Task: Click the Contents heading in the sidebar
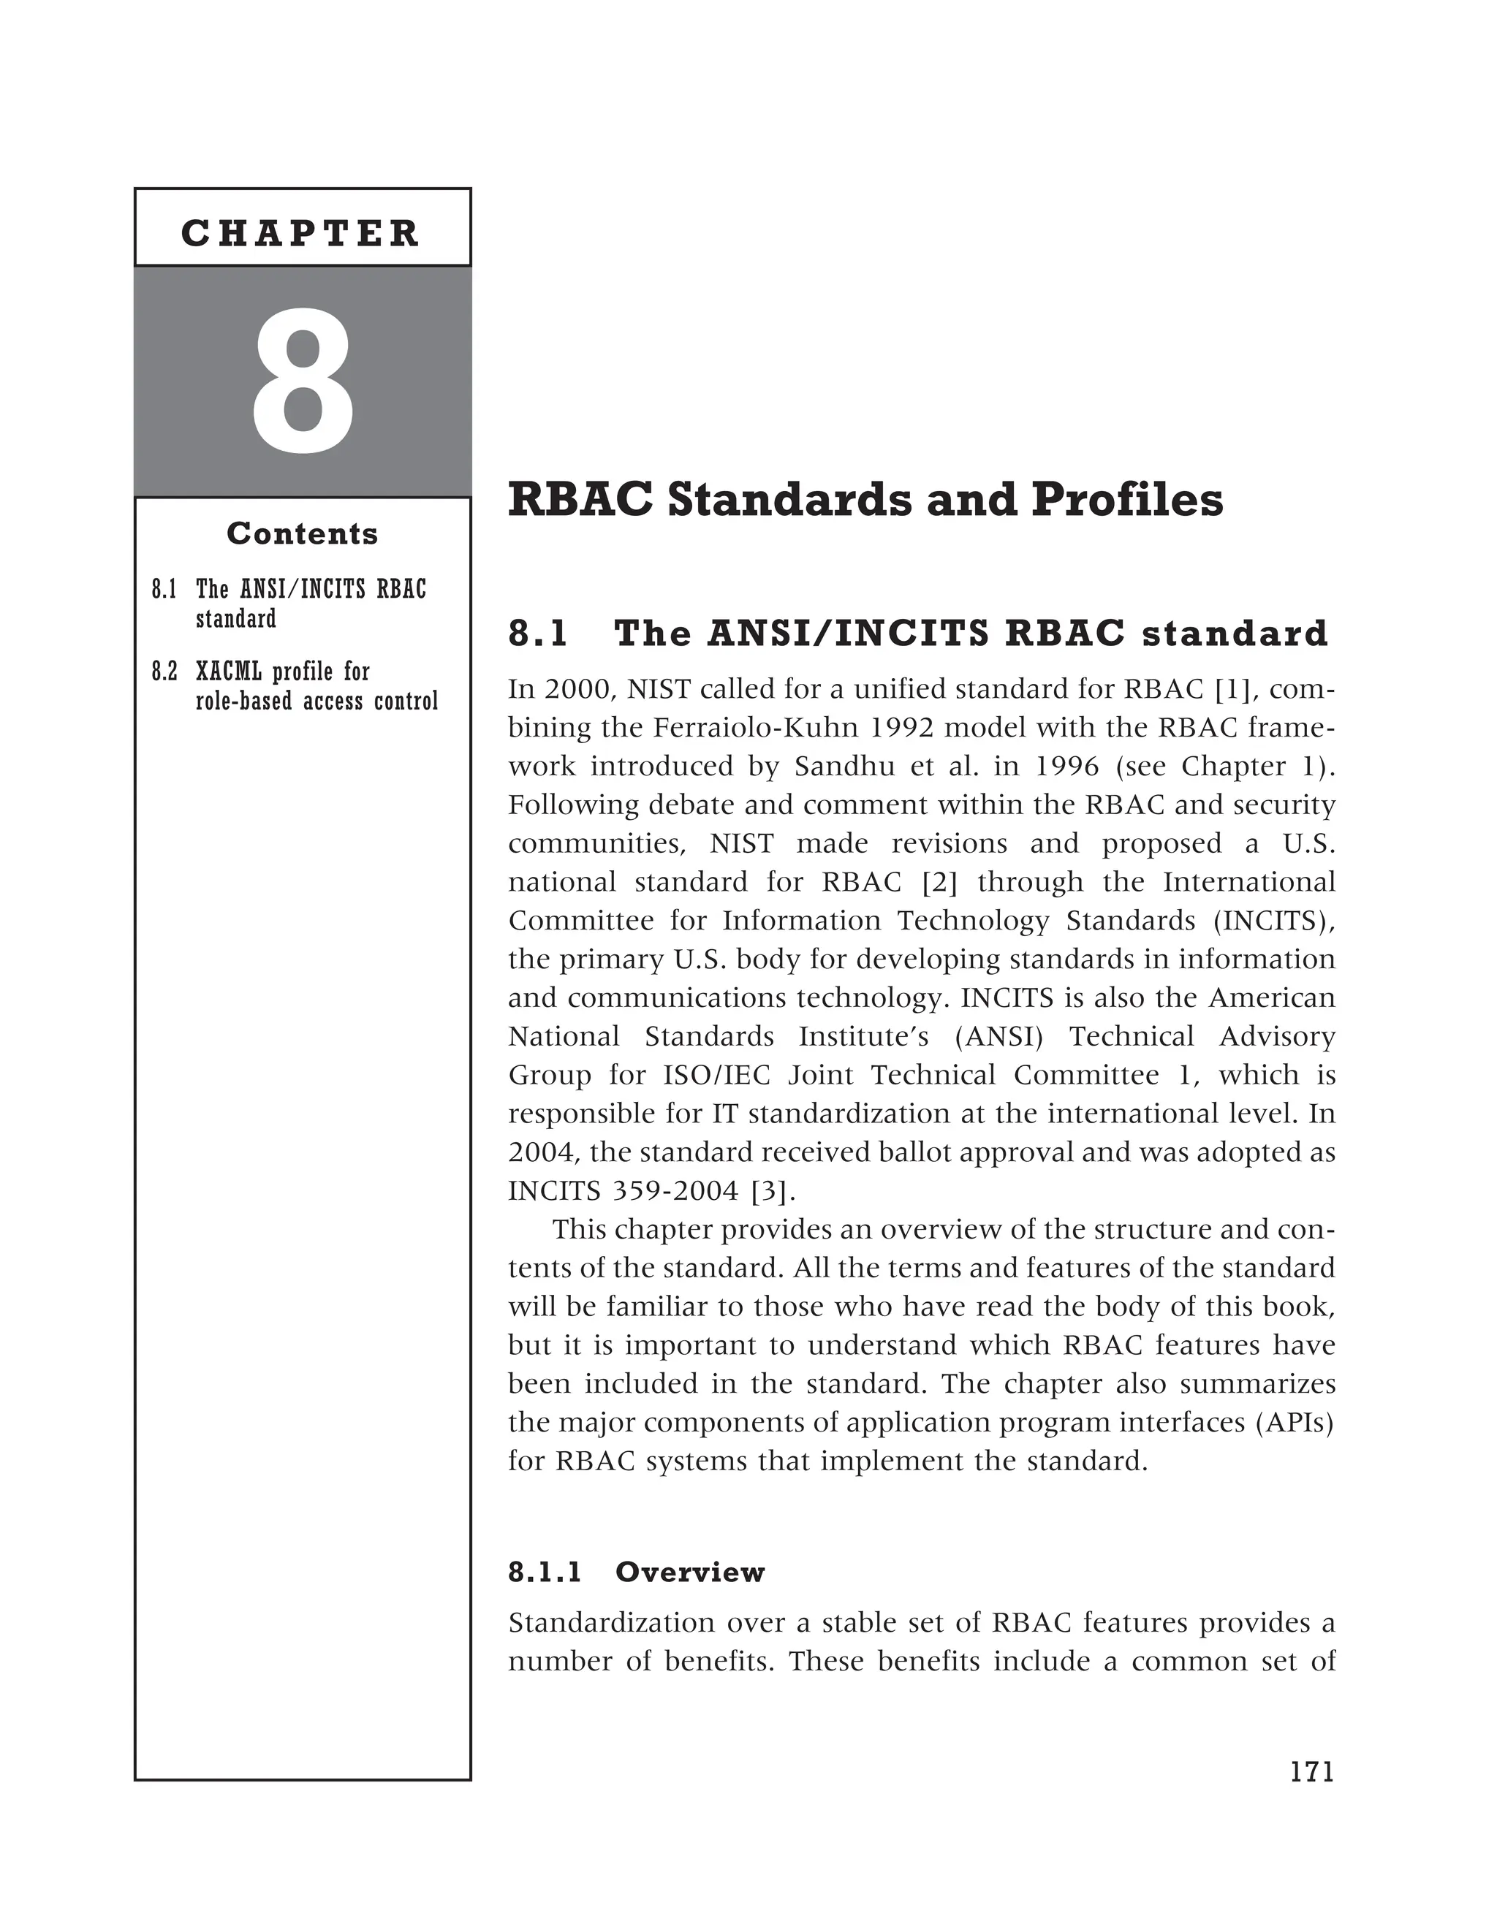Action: pyautogui.click(x=302, y=534)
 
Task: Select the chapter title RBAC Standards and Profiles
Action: pyautogui.click(x=865, y=501)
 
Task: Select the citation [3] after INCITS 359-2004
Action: pyautogui.click(x=773, y=1191)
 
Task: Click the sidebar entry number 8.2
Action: pyautogui.click(x=164, y=672)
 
